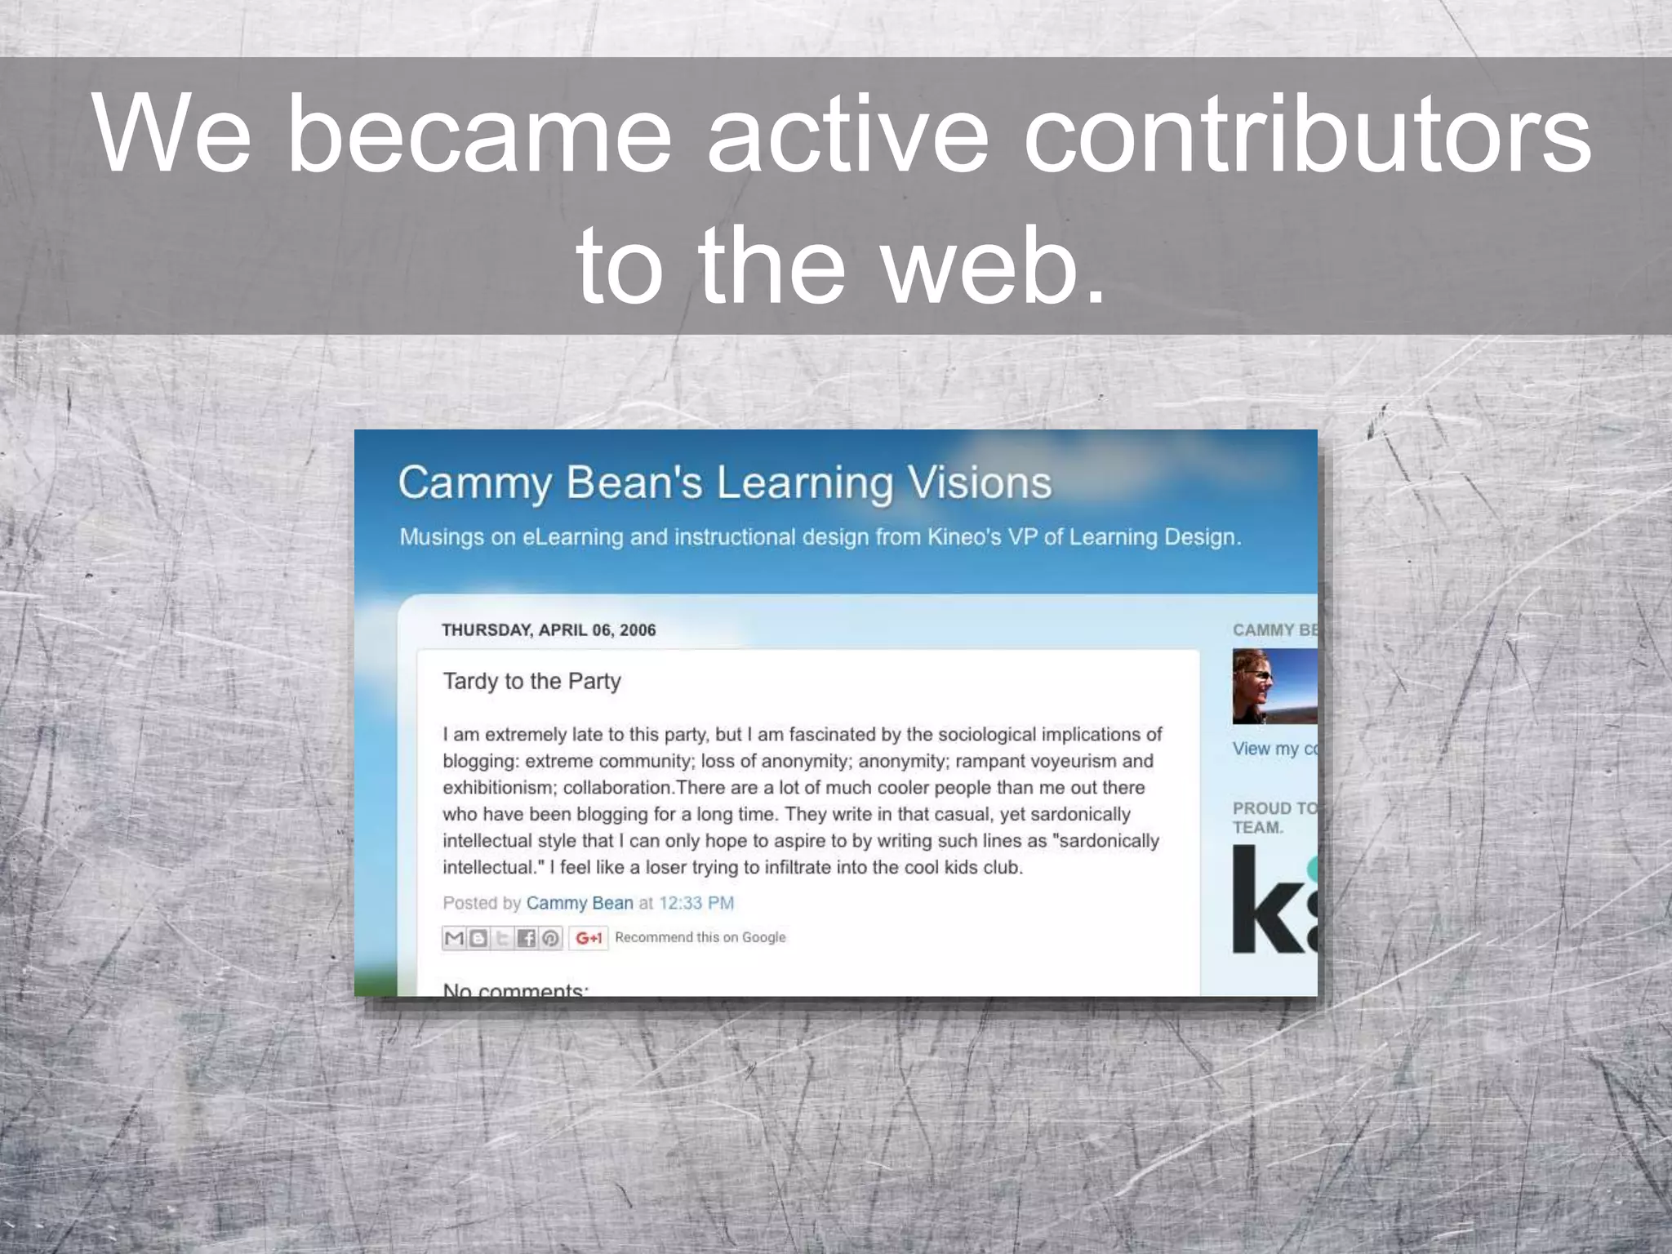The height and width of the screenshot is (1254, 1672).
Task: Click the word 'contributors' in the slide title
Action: [1306, 135]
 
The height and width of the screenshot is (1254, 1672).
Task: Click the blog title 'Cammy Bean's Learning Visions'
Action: [724, 482]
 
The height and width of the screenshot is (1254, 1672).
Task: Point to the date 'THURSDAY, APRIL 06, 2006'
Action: [549, 629]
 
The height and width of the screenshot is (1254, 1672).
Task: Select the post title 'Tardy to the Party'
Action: [531, 681]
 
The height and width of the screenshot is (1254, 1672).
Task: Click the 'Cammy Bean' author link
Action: [579, 903]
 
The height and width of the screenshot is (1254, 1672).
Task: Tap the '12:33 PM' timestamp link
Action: [696, 903]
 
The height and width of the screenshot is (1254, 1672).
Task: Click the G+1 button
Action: [588, 938]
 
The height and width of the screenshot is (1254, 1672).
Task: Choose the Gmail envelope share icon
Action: [454, 938]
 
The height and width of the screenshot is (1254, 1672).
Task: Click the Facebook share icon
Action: [527, 938]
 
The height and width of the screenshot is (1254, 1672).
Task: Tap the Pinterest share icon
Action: [551, 938]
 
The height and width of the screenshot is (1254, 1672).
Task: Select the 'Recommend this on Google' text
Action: [700, 937]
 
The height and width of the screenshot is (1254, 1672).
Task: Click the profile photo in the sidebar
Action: [1274, 687]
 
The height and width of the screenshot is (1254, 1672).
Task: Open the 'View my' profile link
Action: [1274, 749]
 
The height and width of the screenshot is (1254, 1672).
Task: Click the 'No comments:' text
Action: [514, 989]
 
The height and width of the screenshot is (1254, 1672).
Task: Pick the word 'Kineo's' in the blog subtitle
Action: [965, 537]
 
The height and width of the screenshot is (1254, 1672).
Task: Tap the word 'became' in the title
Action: [479, 135]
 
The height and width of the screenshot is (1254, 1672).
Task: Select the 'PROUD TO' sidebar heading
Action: [1274, 808]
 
